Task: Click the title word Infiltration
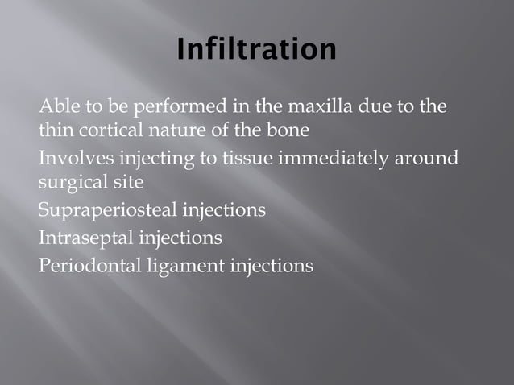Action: tap(256, 49)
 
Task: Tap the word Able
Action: tap(56, 106)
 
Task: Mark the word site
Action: tap(126, 182)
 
